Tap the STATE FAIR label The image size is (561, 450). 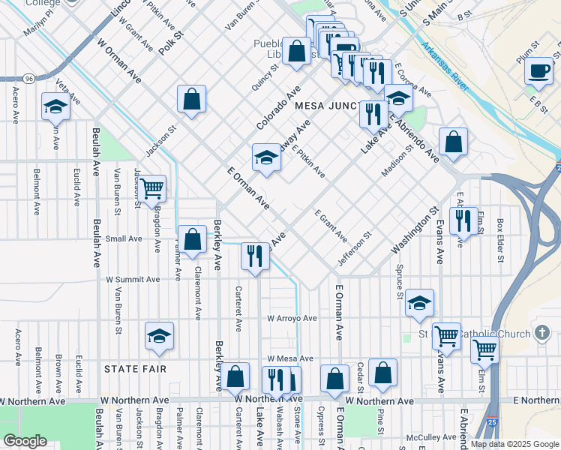pos(135,370)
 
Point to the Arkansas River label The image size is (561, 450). pos(445,67)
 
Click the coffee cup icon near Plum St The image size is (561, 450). pos(538,71)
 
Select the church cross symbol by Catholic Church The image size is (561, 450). pos(542,332)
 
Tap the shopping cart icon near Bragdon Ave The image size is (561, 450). pos(151,187)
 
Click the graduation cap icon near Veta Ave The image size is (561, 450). pos(55,108)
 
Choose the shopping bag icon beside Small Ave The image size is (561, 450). pos(193,239)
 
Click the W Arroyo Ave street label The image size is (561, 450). pos(292,318)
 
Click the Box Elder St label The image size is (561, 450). pos(500,241)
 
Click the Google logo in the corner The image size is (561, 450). pos(25,441)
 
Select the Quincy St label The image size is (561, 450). pos(265,77)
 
